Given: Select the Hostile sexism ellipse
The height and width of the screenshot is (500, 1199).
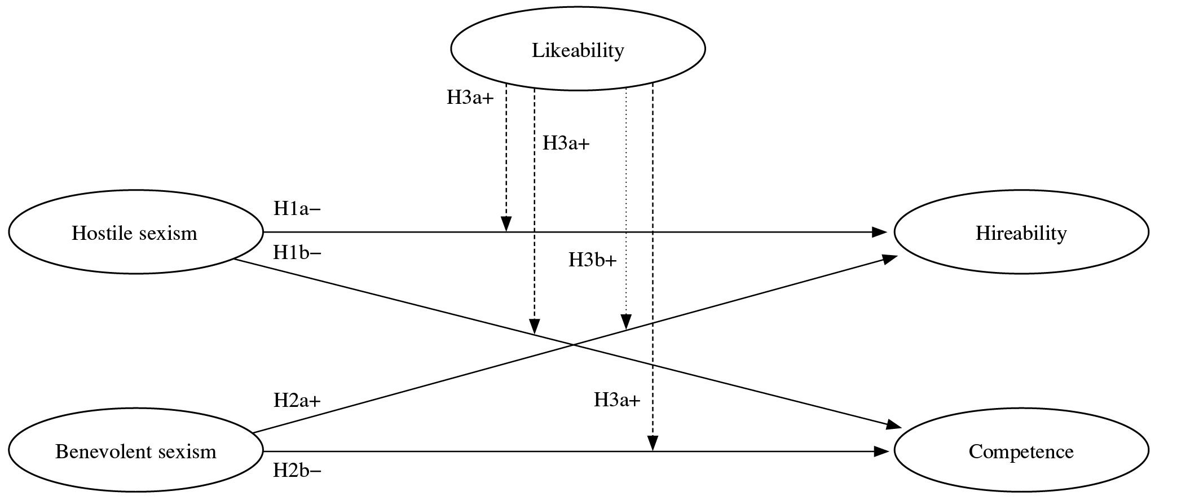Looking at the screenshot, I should [x=135, y=232].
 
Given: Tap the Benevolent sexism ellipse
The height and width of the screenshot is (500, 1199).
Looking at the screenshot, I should [x=135, y=451].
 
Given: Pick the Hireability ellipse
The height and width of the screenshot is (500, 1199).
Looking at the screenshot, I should [x=1021, y=232].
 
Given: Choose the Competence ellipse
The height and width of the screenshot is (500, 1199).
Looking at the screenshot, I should [x=1021, y=451].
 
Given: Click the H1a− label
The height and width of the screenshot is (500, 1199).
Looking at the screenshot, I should [x=297, y=209].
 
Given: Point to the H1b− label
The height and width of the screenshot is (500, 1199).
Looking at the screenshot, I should [x=297, y=253].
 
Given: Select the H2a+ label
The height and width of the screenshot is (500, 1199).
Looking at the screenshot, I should [x=297, y=401].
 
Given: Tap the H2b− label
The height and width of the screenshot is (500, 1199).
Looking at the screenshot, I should [x=297, y=470].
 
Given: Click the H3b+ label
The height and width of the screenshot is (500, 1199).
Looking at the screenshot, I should [x=592, y=261].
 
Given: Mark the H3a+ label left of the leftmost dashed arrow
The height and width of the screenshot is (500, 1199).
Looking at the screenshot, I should [x=470, y=98].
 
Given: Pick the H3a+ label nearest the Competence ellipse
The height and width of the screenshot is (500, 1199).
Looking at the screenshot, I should [x=617, y=401].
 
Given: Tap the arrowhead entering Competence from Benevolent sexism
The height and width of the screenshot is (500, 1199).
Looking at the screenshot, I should [x=880, y=451].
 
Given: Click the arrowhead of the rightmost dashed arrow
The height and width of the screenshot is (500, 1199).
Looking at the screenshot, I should [x=653, y=444].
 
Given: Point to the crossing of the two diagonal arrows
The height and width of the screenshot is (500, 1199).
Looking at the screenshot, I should [x=573, y=345].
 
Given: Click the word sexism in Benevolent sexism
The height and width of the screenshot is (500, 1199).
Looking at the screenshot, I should [x=187, y=451].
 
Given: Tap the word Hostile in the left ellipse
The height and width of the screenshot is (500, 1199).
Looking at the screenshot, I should [x=100, y=233].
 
